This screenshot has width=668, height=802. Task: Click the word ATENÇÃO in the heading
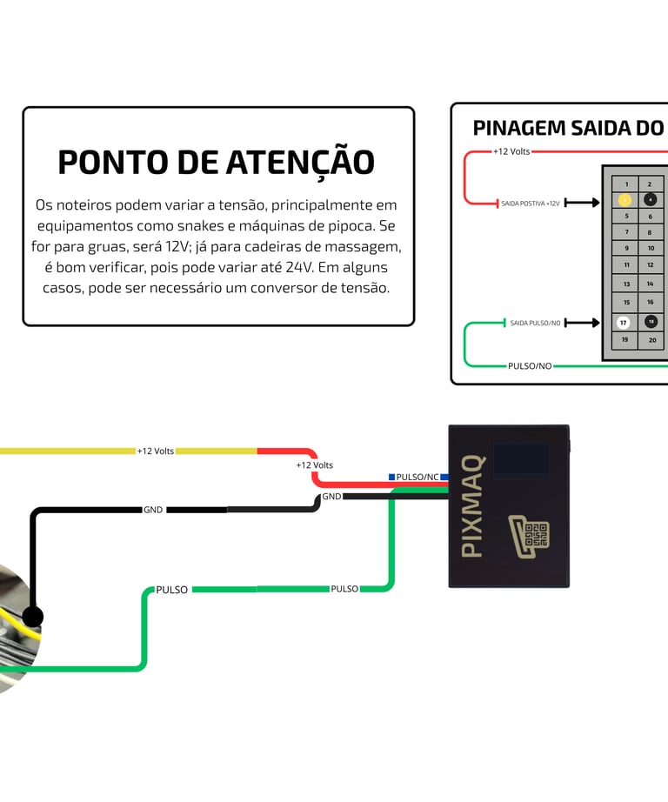(300, 163)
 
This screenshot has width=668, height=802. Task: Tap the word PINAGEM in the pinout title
(518, 128)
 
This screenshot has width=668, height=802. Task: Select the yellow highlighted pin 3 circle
(624, 200)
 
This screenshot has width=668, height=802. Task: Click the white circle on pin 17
(624, 323)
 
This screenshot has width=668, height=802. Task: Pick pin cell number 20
(651, 340)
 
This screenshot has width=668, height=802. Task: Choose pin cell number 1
(625, 184)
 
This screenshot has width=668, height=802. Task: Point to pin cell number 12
(651, 264)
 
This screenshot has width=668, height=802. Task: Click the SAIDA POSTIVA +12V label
(530, 204)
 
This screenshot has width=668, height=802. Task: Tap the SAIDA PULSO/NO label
(530, 323)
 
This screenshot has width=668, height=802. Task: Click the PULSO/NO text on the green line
(530, 366)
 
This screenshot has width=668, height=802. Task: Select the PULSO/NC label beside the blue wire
(417, 477)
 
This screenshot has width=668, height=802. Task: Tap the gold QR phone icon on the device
(529, 536)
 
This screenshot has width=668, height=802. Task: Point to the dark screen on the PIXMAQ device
(521, 462)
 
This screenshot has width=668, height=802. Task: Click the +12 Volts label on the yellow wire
(155, 451)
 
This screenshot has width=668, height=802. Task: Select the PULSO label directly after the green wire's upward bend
(171, 590)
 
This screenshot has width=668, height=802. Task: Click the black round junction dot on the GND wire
(32, 618)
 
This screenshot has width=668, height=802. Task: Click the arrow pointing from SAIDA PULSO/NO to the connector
(582, 323)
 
